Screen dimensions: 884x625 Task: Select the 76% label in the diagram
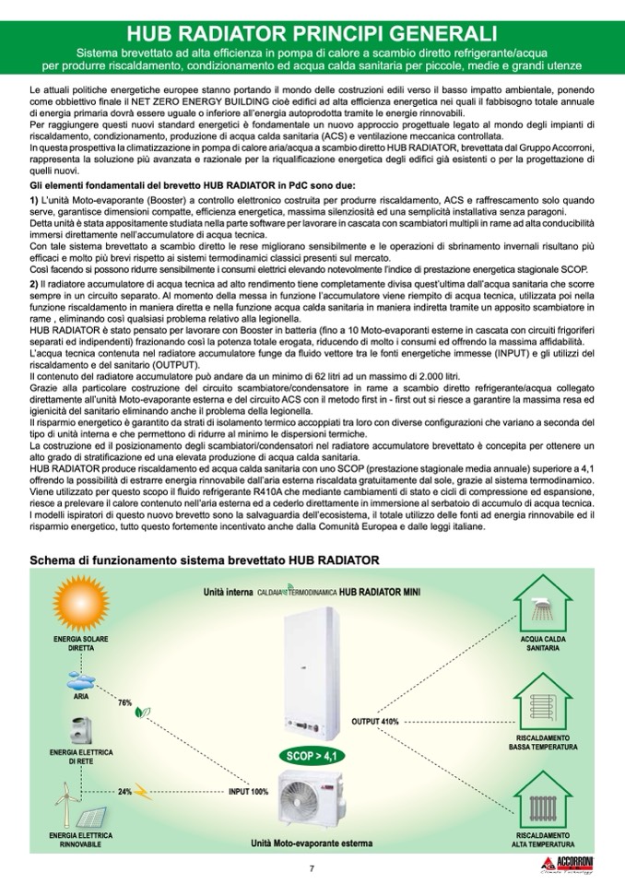pos(125,702)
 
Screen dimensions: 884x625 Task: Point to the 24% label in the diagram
pos(124,791)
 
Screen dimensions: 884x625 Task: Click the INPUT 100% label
pos(248,791)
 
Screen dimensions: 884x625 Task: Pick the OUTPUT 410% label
pos(375,721)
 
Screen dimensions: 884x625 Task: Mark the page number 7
pos(312,868)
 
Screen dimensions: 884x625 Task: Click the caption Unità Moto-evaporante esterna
pos(312,843)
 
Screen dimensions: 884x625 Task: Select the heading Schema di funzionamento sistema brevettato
pos(204,560)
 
